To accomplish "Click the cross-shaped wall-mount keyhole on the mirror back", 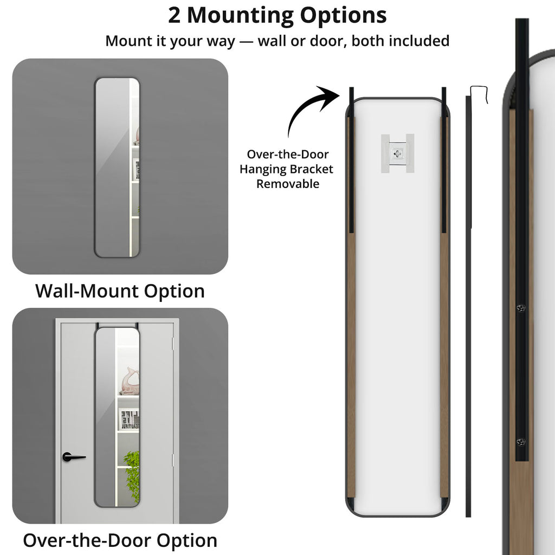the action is tap(397, 153).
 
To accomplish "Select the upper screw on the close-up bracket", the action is tap(521, 308).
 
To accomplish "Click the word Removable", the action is tap(288, 184).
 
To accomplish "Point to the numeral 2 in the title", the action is tap(174, 16).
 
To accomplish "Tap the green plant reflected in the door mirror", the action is tap(132, 474).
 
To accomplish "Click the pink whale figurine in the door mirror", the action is tap(129, 381).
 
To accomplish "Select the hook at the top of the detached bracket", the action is tap(479, 94).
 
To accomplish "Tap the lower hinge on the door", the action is tap(173, 460).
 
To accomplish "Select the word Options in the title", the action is tap(343, 16).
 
